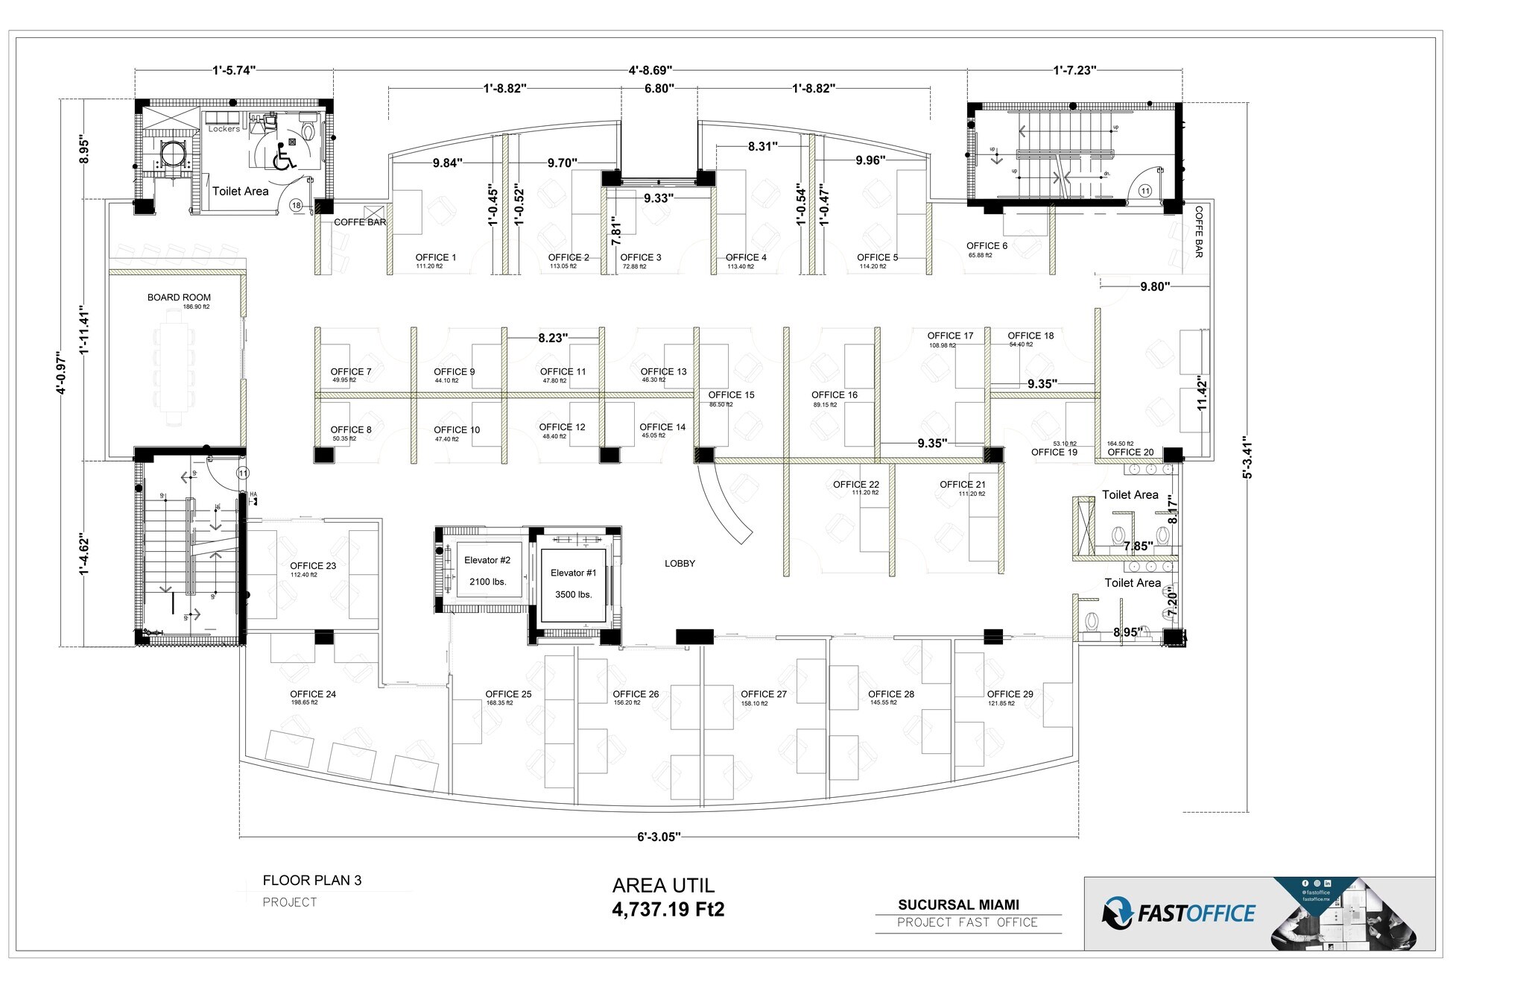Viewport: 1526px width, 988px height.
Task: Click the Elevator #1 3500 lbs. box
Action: coord(573,584)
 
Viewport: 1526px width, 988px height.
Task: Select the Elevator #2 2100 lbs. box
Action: coord(487,570)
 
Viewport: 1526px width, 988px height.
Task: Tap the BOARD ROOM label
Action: coord(179,298)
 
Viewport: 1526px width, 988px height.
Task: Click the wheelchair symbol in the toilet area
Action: coord(284,158)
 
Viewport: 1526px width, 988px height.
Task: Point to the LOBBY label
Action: coord(680,564)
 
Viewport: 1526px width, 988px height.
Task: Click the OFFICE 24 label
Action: coord(313,694)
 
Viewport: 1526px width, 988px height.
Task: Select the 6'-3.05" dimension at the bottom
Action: coord(659,837)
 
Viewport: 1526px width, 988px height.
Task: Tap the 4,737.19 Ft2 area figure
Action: coord(668,910)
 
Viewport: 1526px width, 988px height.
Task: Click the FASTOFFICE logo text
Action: coord(1195,913)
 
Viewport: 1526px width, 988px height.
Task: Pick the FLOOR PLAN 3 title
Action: coord(311,881)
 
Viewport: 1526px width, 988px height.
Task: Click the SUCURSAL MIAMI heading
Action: coord(958,904)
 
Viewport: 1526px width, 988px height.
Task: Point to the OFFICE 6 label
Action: coord(987,246)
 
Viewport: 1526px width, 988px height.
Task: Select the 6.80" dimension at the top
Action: coord(659,88)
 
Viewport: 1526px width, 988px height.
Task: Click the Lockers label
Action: coord(224,129)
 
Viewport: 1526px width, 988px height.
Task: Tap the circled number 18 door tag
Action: coord(297,206)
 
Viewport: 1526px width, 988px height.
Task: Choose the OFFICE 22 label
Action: coord(855,485)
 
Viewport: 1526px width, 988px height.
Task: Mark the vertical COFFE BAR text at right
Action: coord(1199,232)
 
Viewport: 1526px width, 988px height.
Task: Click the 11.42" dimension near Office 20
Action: coord(1201,394)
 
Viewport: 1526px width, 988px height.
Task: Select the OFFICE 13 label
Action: coord(663,372)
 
